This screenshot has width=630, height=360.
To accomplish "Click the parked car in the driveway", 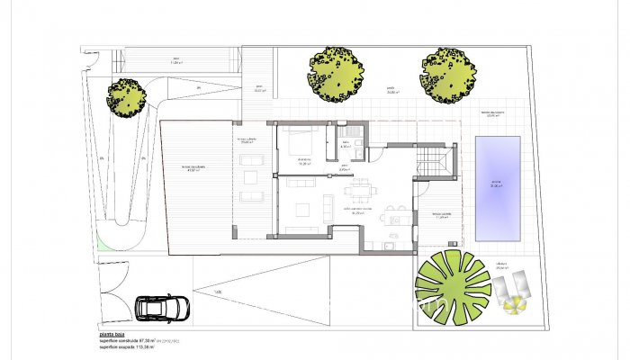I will [x=163, y=307].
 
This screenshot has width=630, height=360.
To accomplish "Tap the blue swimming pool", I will [x=498, y=187].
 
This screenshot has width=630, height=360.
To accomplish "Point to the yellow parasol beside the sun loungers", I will [x=513, y=306].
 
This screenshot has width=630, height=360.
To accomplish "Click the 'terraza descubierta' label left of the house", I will [x=193, y=169].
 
